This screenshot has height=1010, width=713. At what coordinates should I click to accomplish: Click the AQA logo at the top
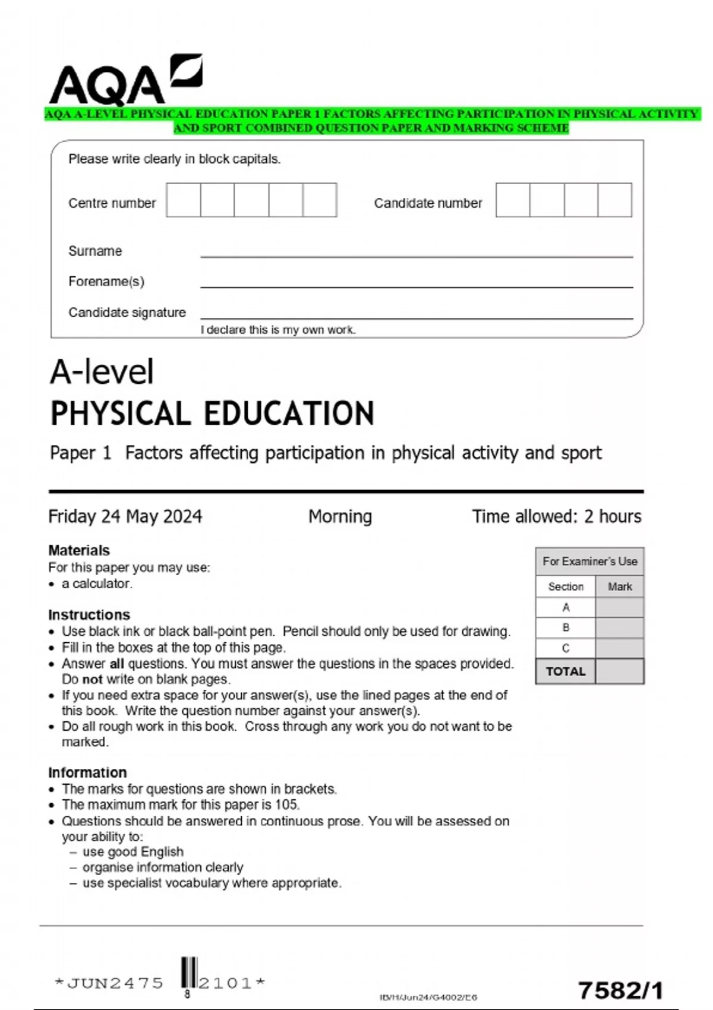click(125, 80)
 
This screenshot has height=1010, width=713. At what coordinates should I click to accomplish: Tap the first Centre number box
click(184, 200)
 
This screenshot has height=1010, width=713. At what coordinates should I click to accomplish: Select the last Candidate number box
click(614, 200)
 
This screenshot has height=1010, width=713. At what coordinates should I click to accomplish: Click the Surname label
click(95, 251)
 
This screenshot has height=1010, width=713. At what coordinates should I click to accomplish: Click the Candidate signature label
click(127, 313)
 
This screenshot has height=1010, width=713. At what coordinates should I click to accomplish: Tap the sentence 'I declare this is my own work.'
click(277, 330)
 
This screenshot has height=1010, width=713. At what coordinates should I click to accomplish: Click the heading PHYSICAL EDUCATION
click(212, 414)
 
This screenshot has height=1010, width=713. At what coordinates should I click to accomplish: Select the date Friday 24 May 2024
click(125, 516)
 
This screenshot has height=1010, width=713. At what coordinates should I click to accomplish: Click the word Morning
click(340, 516)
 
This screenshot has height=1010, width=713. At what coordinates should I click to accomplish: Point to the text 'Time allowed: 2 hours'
click(556, 516)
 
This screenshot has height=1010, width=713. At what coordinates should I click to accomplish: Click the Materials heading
click(79, 550)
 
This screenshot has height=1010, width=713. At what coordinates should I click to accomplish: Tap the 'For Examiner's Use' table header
click(589, 561)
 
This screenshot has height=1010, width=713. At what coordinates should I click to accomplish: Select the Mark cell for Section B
click(619, 627)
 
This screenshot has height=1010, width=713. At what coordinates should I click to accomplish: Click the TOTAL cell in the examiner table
click(565, 671)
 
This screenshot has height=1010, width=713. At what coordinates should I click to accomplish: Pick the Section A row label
click(565, 607)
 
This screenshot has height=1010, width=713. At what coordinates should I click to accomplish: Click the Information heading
click(87, 772)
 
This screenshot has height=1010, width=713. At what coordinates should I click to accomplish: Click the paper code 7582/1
click(620, 990)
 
